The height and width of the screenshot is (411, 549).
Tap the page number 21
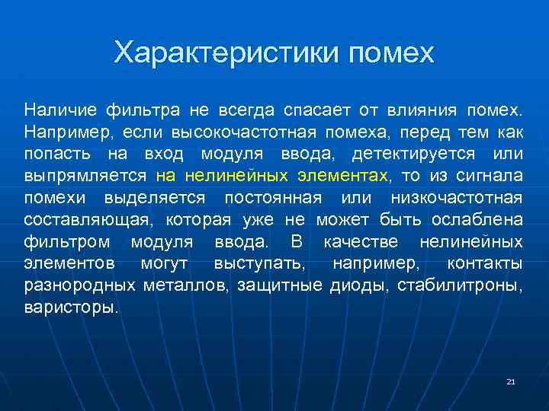511,381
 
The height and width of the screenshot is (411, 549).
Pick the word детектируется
410,155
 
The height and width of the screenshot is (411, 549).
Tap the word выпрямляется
85,177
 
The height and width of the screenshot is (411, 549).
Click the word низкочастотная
457,199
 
